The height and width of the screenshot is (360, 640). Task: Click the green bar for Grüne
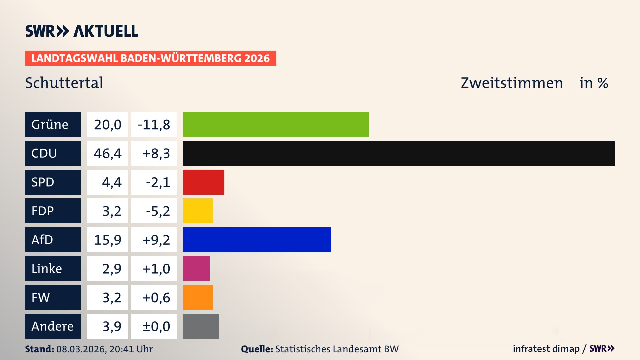click(x=276, y=124)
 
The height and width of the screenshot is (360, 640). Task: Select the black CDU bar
click(x=399, y=153)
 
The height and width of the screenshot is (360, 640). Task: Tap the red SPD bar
click(x=203, y=182)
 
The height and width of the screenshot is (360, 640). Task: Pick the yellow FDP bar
click(x=198, y=211)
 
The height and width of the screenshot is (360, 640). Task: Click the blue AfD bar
click(x=257, y=240)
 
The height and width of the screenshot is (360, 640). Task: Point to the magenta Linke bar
click(x=196, y=268)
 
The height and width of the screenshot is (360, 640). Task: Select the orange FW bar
click(x=198, y=297)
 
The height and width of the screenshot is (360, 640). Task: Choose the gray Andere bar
click(x=201, y=326)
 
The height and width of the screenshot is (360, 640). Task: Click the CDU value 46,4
click(x=107, y=153)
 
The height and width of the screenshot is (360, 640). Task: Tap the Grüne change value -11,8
click(x=154, y=124)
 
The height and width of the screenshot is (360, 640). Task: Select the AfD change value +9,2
click(x=156, y=240)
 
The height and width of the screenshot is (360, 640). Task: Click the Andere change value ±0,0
click(x=156, y=326)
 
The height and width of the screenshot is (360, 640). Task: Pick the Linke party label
click(x=47, y=268)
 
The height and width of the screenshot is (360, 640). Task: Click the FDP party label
click(x=43, y=211)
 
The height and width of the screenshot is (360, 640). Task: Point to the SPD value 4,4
click(x=111, y=182)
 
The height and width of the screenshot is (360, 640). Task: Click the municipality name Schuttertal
click(x=64, y=83)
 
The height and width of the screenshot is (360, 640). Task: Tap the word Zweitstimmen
click(x=512, y=83)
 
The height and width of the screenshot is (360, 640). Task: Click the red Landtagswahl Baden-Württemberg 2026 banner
click(x=150, y=58)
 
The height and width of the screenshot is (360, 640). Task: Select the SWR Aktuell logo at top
click(x=81, y=31)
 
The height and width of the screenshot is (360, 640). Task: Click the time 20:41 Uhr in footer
click(x=131, y=349)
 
